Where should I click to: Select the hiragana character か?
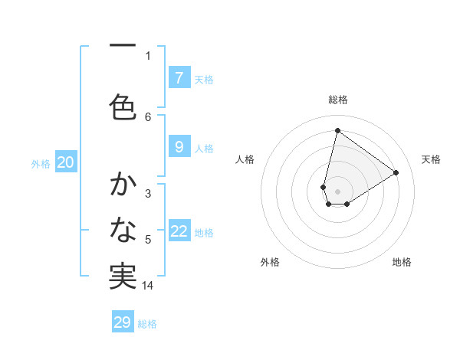pyautogui.click(x=123, y=185)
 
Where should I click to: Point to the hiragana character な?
pyautogui.click(x=123, y=229)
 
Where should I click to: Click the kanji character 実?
pyautogui.click(x=123, y=276)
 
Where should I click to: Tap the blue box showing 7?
pyautogui.click(x=179, y=77)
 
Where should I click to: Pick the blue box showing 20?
pyautogui.click(x=66, y=162)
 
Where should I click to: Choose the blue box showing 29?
pyautogui.click(x=123, y=322)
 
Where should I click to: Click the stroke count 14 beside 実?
pyautogui.click(x=148, y=286)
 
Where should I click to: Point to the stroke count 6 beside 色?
pyautogui.click(x=148, y=116)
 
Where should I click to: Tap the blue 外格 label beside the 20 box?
pyautogui.click(x=41, y=163)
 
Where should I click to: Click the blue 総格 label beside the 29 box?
pyautogui.click(x=147, y=324)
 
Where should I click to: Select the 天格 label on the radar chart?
pyautogui.click(x=431, y=159)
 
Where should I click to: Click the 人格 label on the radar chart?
pyautogui.click(x=245, y=159)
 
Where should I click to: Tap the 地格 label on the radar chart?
pyautogui.click(x=402, y=262)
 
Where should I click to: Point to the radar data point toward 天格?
pyautogui.click(x=396, y=172)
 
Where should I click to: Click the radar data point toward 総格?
pyautogui.click(x=337, y=130)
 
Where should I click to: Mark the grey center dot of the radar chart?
pyautogui.click(x=337, y=191)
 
